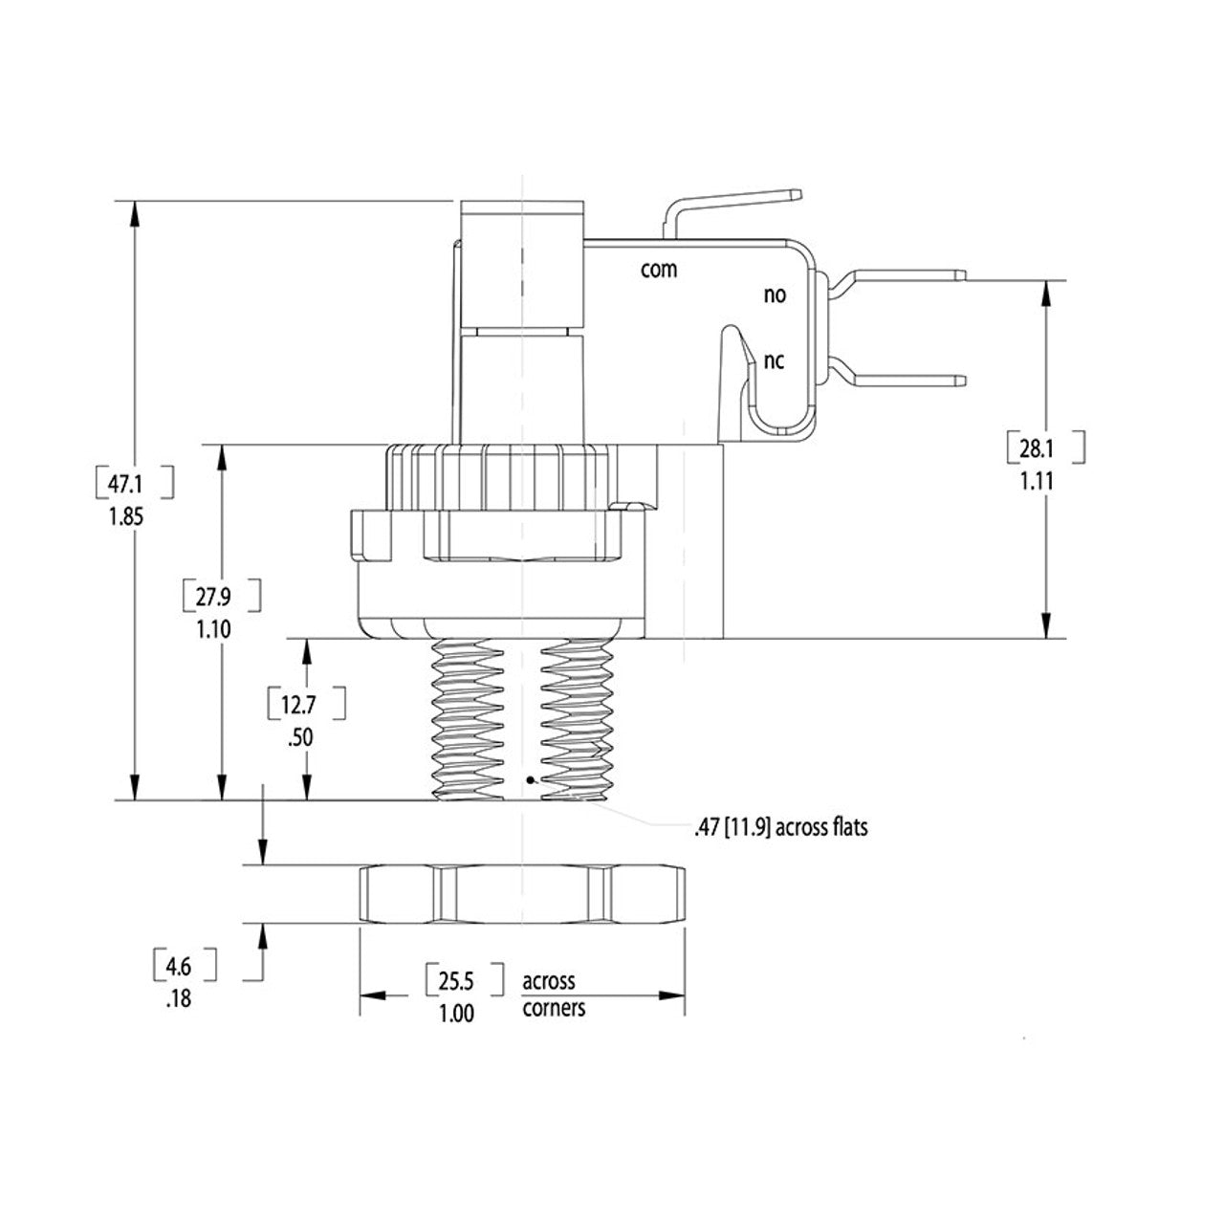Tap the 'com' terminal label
pos(658,270)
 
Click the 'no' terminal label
pos(774,295)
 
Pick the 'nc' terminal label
pos(774,361)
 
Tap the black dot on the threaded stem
pos(530,781)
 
